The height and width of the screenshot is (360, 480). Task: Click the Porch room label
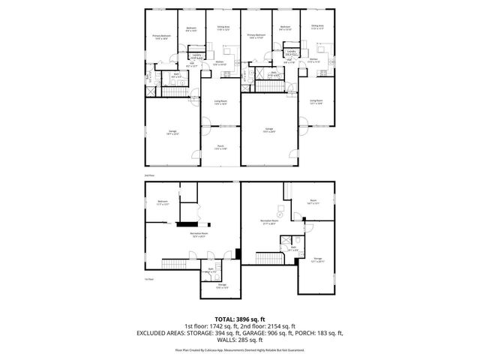click(x=220, y=147)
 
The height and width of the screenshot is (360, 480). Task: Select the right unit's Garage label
click(x=268, y=130)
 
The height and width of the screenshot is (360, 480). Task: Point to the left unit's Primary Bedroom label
click(x=161, y=37)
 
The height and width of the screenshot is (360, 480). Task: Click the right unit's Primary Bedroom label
click(x=256, y=36)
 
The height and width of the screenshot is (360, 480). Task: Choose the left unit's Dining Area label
click(x=223, y=28)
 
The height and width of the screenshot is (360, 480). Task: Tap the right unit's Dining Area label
click(x=317, y=26)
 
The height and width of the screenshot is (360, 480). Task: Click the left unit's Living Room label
click(x=220, y=102)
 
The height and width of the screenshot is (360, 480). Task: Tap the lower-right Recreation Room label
click(x=269, y=223)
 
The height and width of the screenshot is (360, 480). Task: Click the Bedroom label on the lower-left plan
click(x=163, y=202)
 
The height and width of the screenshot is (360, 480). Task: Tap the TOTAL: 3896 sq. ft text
click(x=239, y=319)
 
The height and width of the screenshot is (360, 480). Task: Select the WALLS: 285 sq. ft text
click(x=239, y=339)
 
